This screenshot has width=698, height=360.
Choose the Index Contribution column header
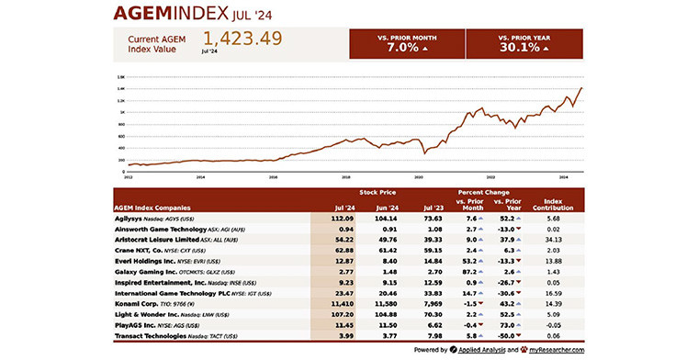click(553, 204)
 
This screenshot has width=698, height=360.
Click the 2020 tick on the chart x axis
click(419, 175)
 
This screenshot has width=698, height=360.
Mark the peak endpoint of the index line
click(581, 88)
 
